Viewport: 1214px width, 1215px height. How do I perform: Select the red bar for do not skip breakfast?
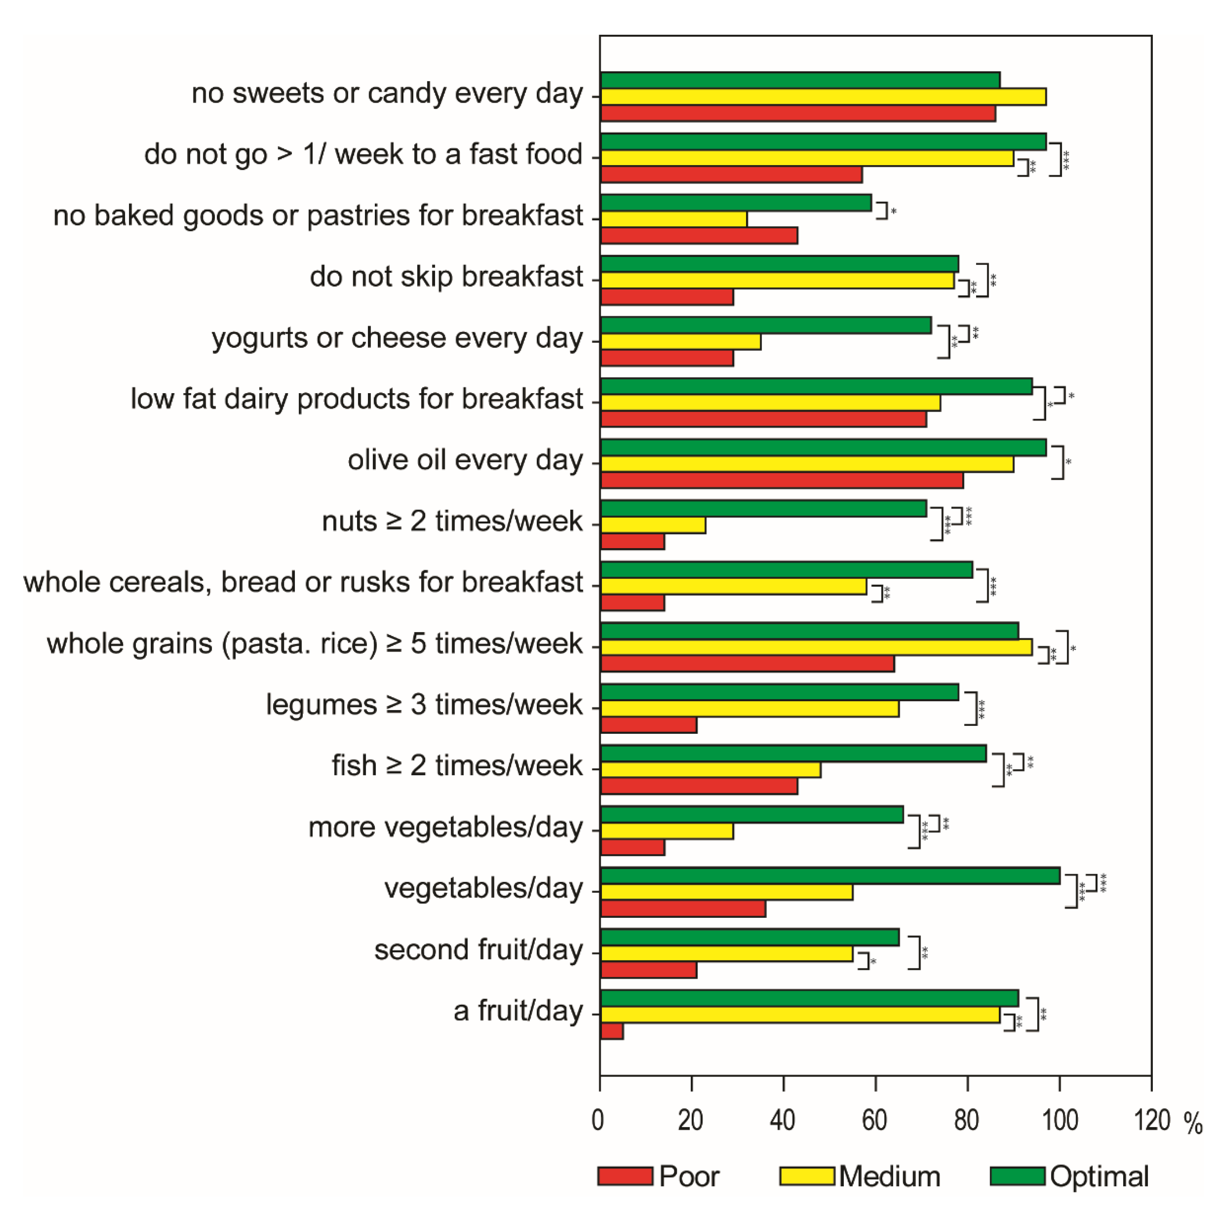click(667, 297)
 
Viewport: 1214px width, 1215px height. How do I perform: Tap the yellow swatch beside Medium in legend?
click(807, 1176)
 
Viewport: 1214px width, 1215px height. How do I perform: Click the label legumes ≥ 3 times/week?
click(424, 705)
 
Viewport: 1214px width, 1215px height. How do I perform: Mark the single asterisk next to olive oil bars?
click(1068, 462)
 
